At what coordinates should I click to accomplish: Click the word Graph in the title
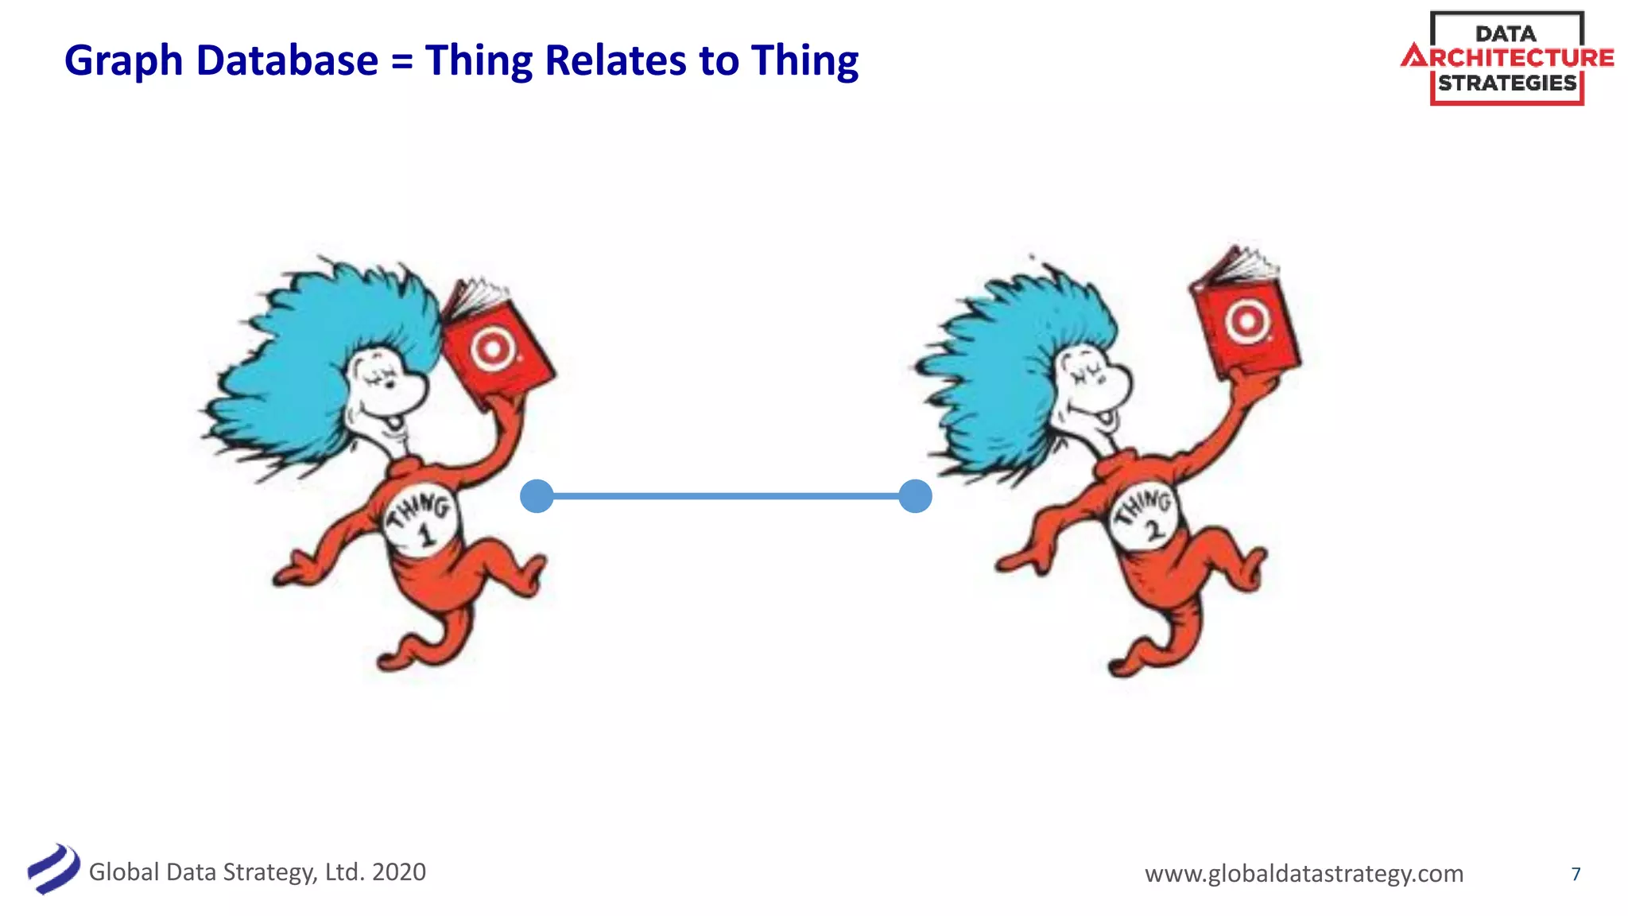click(x=123, y=61)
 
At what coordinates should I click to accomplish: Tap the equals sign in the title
click(x=402, y=62)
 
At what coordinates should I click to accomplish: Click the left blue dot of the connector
click(x=537, y=496)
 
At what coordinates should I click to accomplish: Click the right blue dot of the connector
click(x=915, y=496)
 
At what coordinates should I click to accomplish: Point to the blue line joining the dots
click(x=726, y=496)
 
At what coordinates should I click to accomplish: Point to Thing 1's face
click(x=386, y=390)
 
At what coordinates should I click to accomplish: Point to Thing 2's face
click(x=1093, y=390)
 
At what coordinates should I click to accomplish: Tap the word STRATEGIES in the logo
click(x=1507, y=83)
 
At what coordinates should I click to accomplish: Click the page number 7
click(x=1576, y=874)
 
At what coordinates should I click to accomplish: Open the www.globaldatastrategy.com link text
click(x=1304, y=873)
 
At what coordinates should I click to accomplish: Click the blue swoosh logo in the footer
click(x=53, y=869)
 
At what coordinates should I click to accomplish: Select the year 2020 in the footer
click(x=399, y=872)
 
